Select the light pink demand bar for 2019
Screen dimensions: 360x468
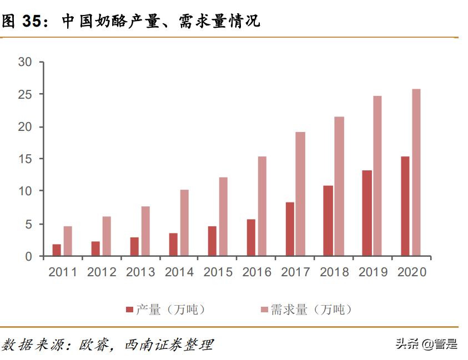[378, 176]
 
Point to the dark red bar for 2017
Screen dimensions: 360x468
[290, 229]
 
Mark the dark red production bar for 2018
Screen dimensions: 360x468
[328, 221]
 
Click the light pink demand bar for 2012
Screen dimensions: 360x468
[107, 236]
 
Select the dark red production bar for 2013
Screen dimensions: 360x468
[134, 247]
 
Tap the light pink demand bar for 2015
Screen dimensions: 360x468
[223, 217]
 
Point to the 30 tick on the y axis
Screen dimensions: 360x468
[25, 62]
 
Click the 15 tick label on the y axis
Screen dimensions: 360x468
[25, 159]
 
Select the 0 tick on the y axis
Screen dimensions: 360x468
[29, 256]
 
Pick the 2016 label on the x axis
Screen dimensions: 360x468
[257, 272]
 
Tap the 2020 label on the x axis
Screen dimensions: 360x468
[412, 272]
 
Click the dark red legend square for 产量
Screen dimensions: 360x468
[130, 310]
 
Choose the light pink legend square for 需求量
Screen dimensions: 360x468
[264, 310]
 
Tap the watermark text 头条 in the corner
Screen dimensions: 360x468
[406, 344]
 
